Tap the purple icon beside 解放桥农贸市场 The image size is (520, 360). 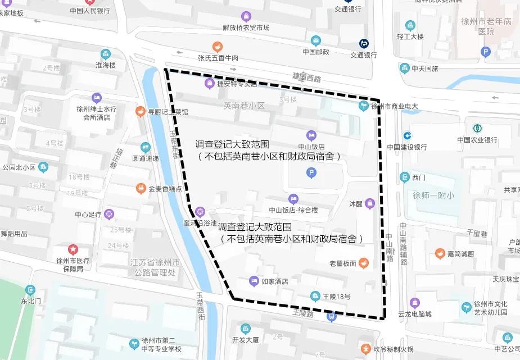tap(246, 16)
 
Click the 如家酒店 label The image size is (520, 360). tap(275, 281)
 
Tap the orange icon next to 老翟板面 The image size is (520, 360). tap(364, 262)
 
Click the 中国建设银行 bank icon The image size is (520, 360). tap(406, 135)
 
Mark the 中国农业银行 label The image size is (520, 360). tap(477, 140)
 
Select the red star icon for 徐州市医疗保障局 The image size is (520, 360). tap(73, 249)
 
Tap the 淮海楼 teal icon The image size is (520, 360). tap(105, 54)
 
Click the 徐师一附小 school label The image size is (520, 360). tap(433, 196)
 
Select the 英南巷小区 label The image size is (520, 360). tap(243, 105)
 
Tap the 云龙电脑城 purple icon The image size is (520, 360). tap(414, 303)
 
